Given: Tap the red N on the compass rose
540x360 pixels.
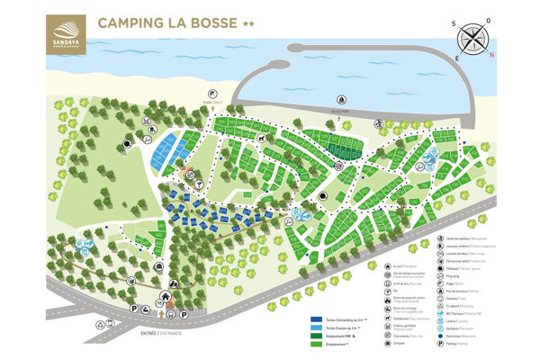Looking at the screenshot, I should point(491,52).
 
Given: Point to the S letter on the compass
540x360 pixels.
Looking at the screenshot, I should point(456,26).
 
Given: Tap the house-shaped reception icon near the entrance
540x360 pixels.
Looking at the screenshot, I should point(166,297).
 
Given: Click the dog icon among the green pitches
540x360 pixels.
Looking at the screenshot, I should point(260,139).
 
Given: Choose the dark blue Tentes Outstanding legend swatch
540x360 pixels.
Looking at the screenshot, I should point(316,319).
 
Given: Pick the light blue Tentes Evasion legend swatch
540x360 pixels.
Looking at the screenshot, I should point(316,328).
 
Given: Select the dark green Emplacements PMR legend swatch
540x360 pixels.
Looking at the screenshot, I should point(316,336).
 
